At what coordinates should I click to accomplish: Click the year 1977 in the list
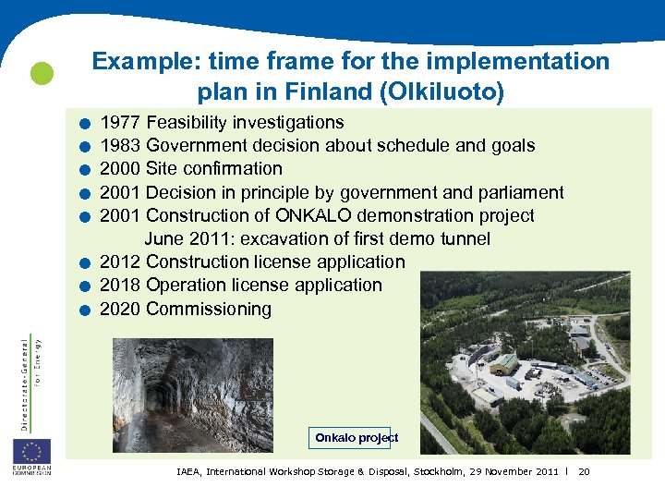tap(120, 123)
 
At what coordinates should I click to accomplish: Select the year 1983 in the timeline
tap(120, 146)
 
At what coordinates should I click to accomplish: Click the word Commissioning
tap(209, 310)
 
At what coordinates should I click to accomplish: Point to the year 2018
tap(120, 286)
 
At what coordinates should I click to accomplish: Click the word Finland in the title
tap(336, 93)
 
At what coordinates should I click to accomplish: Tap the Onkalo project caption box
tap(356, 438)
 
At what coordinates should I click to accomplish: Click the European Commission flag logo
tap(31, 453)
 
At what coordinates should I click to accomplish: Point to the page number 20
tap(584, 472)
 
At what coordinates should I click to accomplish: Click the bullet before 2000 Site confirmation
tap(84, 170)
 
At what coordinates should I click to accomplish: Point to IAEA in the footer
tap(191, 472)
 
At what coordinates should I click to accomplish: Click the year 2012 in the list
tap(120, 262)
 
